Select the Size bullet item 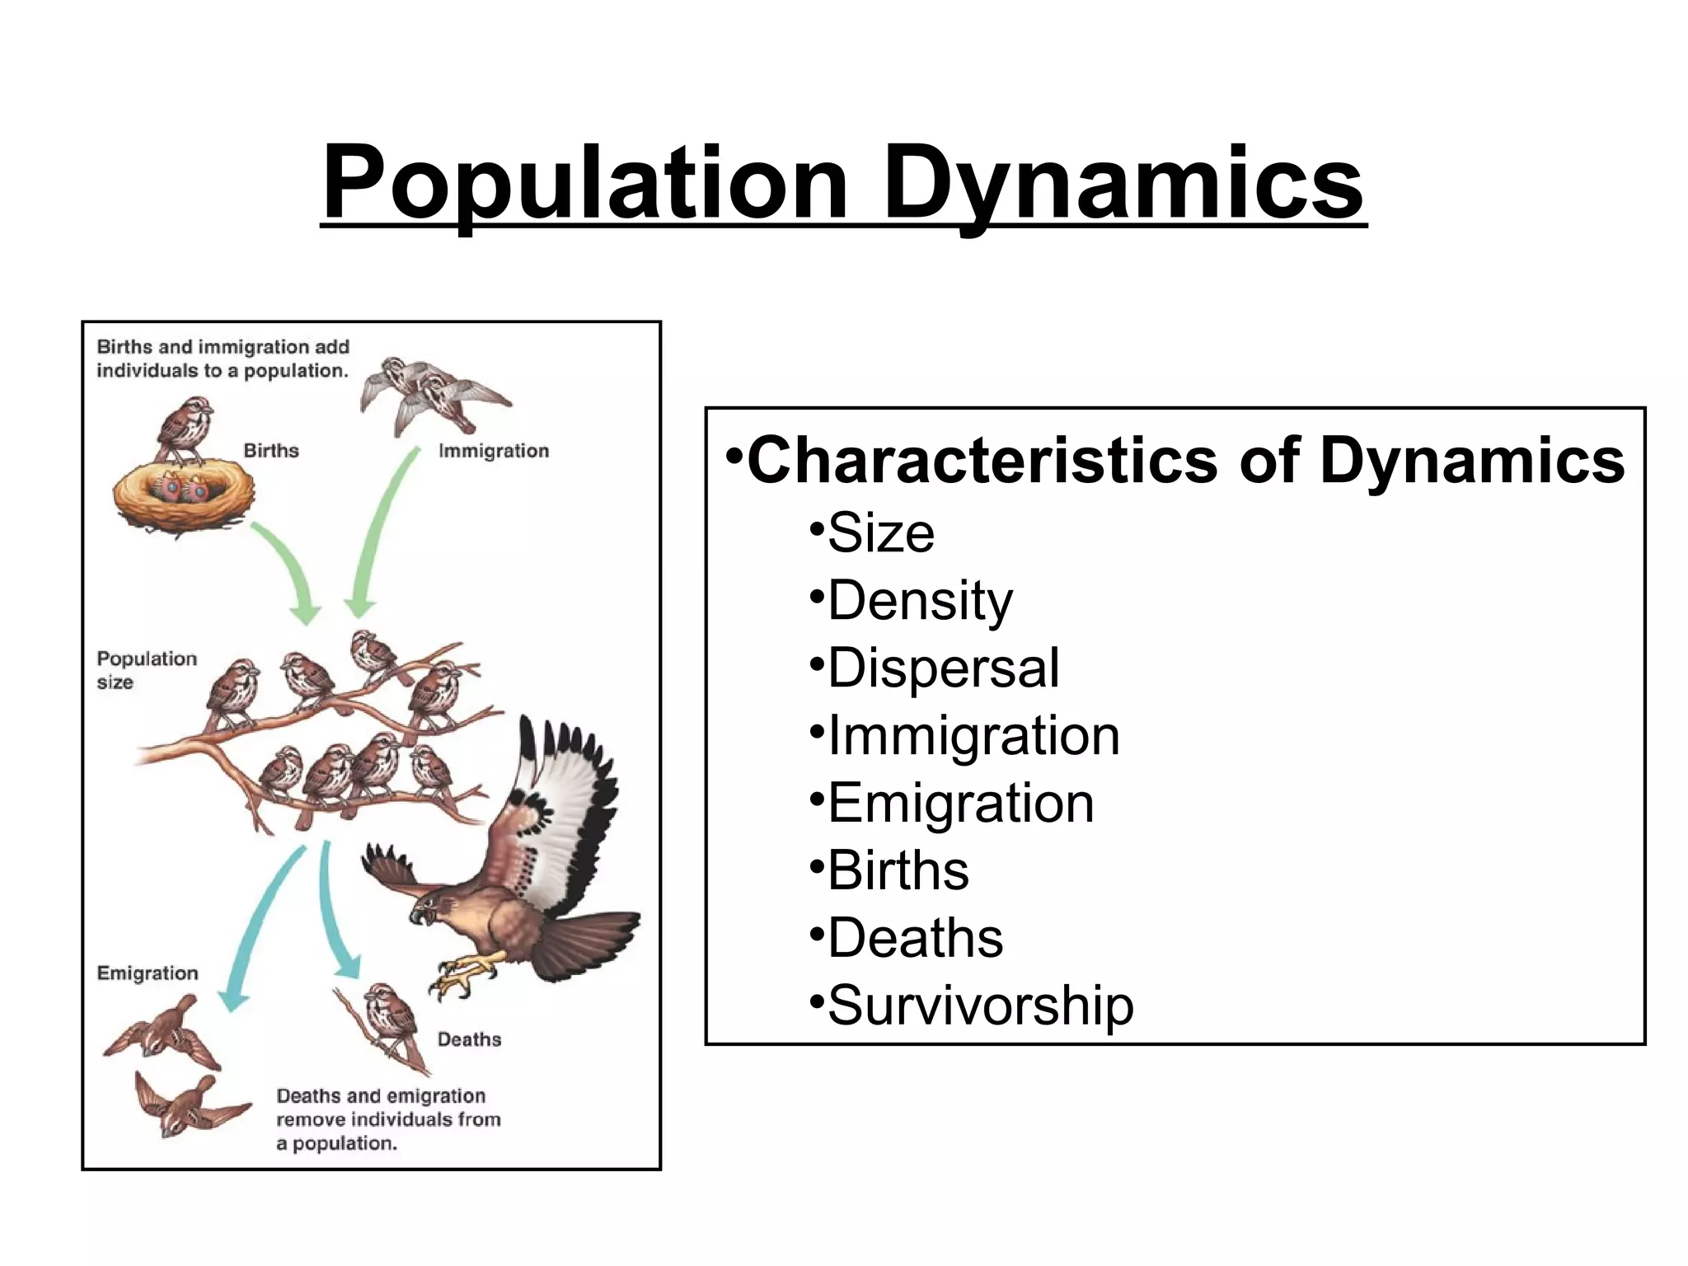880,533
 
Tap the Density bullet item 920,601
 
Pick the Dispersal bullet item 943,668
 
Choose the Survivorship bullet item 980,1006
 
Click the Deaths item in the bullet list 915,939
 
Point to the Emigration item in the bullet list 960,804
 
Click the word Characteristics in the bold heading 982,460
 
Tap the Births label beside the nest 271,451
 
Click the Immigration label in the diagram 494,451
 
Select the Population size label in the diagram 147,670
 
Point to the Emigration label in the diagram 148,973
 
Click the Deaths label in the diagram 469,1039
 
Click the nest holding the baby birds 183,499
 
